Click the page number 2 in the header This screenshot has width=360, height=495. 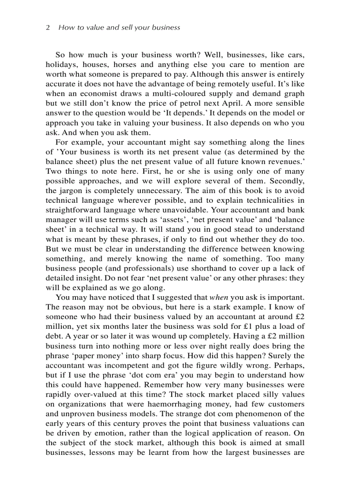click(48, 27)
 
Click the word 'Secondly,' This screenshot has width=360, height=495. click(287, 181)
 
